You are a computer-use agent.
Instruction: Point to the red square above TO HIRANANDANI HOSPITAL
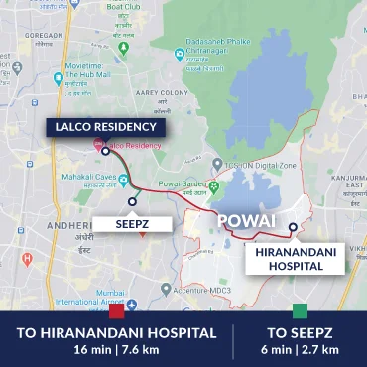[x=117, y=310]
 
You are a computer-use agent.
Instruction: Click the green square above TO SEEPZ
[x=301, y=310]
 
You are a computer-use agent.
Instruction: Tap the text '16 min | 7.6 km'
[x=116, y=350]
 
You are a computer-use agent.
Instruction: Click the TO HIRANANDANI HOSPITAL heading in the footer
[x=116, y=333]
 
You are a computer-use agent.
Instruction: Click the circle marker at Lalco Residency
[x=105, y=152]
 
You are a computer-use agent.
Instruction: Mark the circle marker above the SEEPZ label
[x=133, y=201]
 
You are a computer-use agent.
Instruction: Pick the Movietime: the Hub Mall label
[x=85, y=78]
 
